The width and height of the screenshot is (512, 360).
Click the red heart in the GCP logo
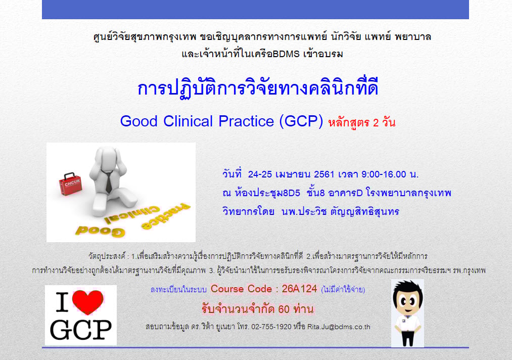pyautogui.click(x=87, y=302)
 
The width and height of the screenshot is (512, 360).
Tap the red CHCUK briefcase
pyautogui.click(x=70, y=184)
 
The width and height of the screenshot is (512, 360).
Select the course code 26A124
pyautogui.click(x=299, y=289)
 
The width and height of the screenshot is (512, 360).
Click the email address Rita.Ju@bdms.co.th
pyautogui.click(x=339, y=327)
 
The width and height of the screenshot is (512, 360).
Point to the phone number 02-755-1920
pyautogui.click(x=271, y=327)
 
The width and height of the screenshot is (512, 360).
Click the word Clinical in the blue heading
pyautogui.click(x=188, y=121)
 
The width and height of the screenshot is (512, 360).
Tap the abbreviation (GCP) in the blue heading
pyautogui.click(x=301, y=121)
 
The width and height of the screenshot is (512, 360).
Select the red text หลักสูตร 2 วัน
pyautogui.click(x=362, y=123)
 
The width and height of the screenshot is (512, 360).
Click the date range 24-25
pyautogui.click(x=260, y=174)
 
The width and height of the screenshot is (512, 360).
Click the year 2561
pyautogui.click(x=324, y=174)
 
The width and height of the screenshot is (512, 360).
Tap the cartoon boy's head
pyautogui.click(x=407, y=298)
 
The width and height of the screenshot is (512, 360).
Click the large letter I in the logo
pyautogui.click(x=62, y=302)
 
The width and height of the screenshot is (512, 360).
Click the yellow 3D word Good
pyautogui.click(x=100, y=231)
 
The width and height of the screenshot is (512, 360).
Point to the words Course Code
pyautogui.click(x=241, y=289)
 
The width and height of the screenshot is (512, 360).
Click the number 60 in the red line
pyautogui.click(x=284, y=309)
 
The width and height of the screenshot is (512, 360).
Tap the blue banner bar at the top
pyautogui.click(x=255, y=10)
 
